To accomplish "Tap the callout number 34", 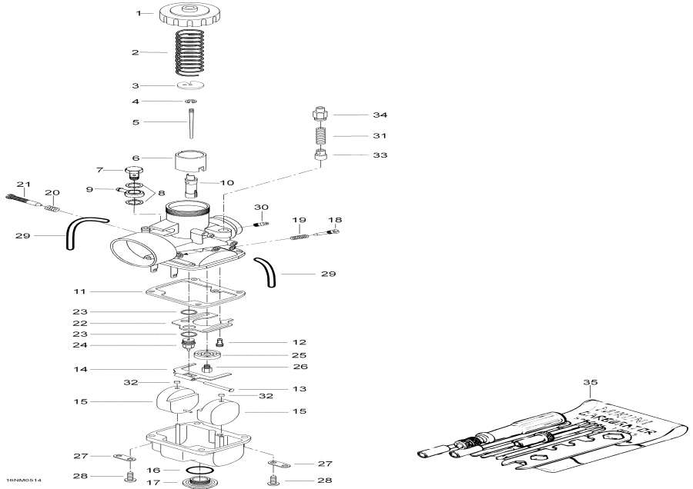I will tap(380, 115).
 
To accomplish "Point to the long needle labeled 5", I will tap(190, 121).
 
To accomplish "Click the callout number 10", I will tap(226, 182).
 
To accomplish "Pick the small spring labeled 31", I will tap(320, 136).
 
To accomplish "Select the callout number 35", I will tap(591, 381).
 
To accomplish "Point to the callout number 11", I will tap(102, 292).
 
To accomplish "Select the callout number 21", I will tap(23, 184).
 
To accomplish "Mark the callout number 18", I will tap(336, 219).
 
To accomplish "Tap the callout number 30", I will tap(261, 208).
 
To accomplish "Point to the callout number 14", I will tap(102, 369).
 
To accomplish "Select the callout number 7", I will tap(99, 169).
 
